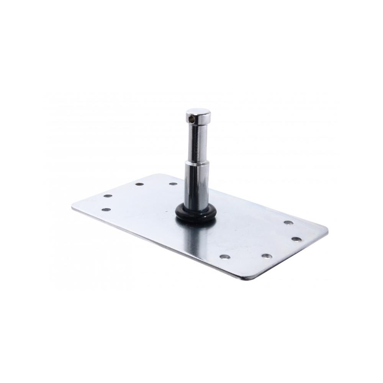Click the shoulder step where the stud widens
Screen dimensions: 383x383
(x=197, y=162)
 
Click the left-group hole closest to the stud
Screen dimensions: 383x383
(x=173, y=184)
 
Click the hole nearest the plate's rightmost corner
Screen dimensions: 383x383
(x=296, y=239)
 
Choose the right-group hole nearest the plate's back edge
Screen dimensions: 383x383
(x=288, y=223)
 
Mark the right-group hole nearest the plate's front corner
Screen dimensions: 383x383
(x=267, y=256)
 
